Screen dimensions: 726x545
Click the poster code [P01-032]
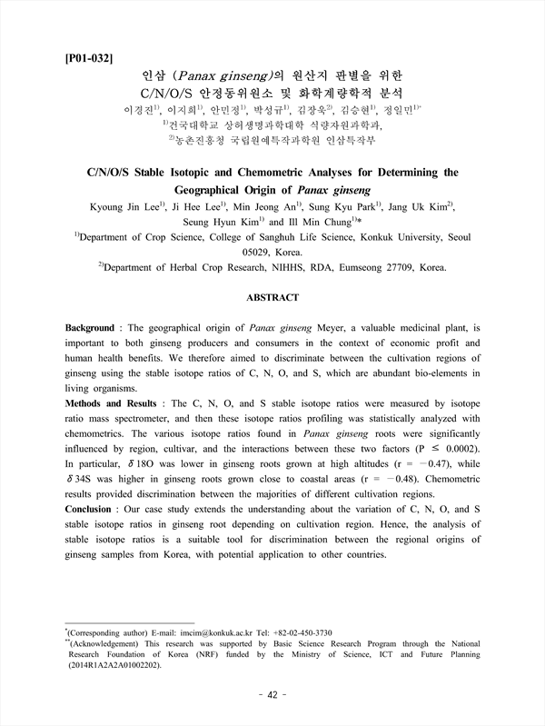(x=89, y=59)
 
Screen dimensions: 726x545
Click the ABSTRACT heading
(x=272, y=296)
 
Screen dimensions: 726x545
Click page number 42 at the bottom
(x=272, y=695)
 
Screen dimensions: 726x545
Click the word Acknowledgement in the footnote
(x=108, y=644)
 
